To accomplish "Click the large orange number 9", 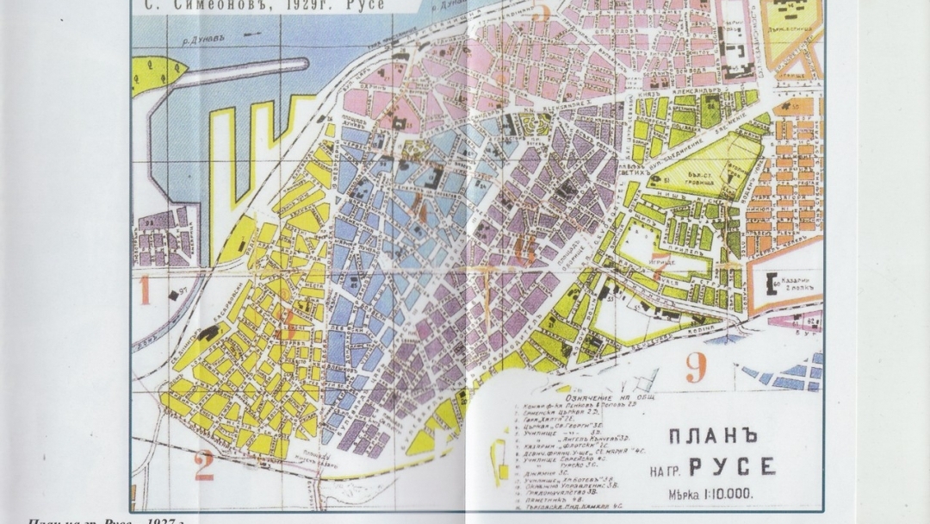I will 696,368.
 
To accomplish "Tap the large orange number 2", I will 203,465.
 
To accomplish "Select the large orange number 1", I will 145,290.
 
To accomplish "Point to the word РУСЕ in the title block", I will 732,467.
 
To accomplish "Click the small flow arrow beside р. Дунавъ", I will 253,34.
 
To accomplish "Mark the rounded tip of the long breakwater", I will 303,65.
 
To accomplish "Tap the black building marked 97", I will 174,296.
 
